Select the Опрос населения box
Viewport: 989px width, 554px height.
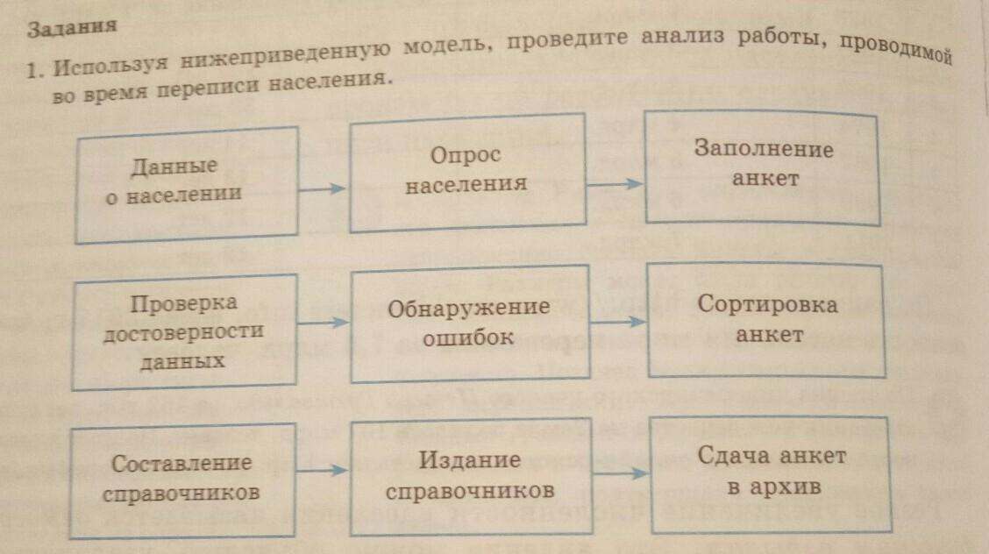(467, 172)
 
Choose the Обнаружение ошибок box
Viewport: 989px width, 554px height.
(468, 323)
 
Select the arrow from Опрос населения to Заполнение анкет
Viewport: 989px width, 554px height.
(615, 184)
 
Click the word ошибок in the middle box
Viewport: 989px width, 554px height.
(467, 338)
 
